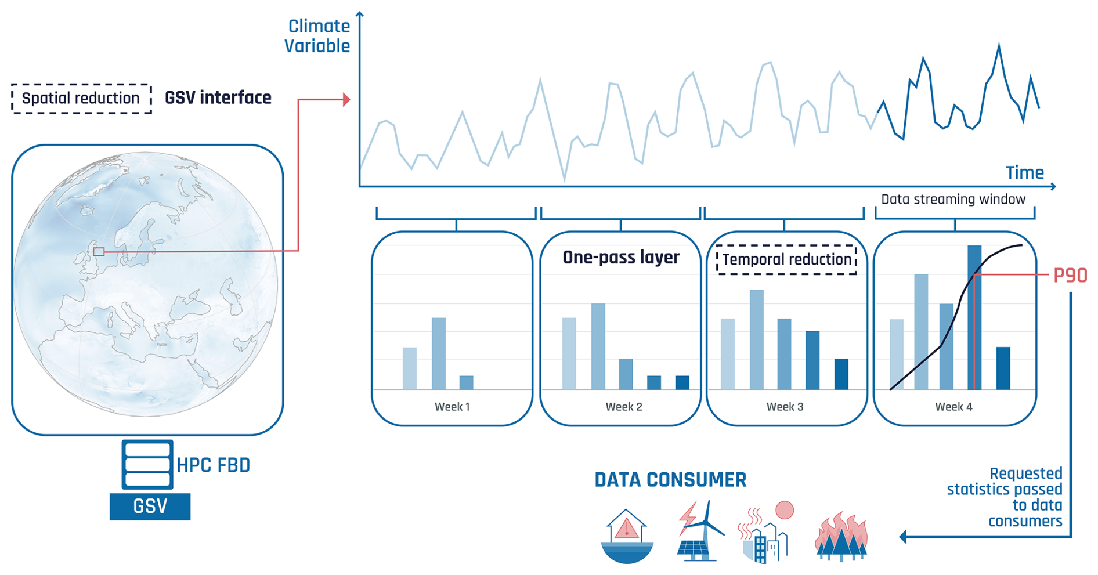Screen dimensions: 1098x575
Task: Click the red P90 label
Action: (x=1070, y=275)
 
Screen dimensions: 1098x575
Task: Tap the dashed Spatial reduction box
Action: (x=81, y=98)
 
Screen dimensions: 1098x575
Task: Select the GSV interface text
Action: (x=218, y=97)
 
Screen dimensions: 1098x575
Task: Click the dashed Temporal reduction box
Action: (x=786, y=259)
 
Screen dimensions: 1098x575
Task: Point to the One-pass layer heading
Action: (x=621, y=257)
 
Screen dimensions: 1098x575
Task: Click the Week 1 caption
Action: (x=452, y=407)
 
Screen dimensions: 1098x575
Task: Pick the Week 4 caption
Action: (x=953, y=407)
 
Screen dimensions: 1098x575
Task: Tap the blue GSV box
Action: (x=150, y=507)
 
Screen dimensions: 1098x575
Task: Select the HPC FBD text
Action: (x=213, y=465)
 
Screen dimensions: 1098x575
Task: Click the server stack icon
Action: (x=147, y=464)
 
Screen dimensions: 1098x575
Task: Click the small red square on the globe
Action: (x=99, y=252)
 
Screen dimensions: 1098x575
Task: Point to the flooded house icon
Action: (x=627, y=536)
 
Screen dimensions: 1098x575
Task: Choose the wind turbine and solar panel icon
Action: (x=701, y=531)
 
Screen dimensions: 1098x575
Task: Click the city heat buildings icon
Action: (x=765, y=533)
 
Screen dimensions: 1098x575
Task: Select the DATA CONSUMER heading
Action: (x=670, y=480)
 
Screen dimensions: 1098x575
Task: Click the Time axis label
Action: (x=1024, y=172)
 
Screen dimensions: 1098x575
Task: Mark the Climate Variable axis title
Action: (x=317, y=36)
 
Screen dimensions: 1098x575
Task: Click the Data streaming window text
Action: (x=953, y=199)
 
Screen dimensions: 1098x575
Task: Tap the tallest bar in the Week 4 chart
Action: (x=974, y=317)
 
